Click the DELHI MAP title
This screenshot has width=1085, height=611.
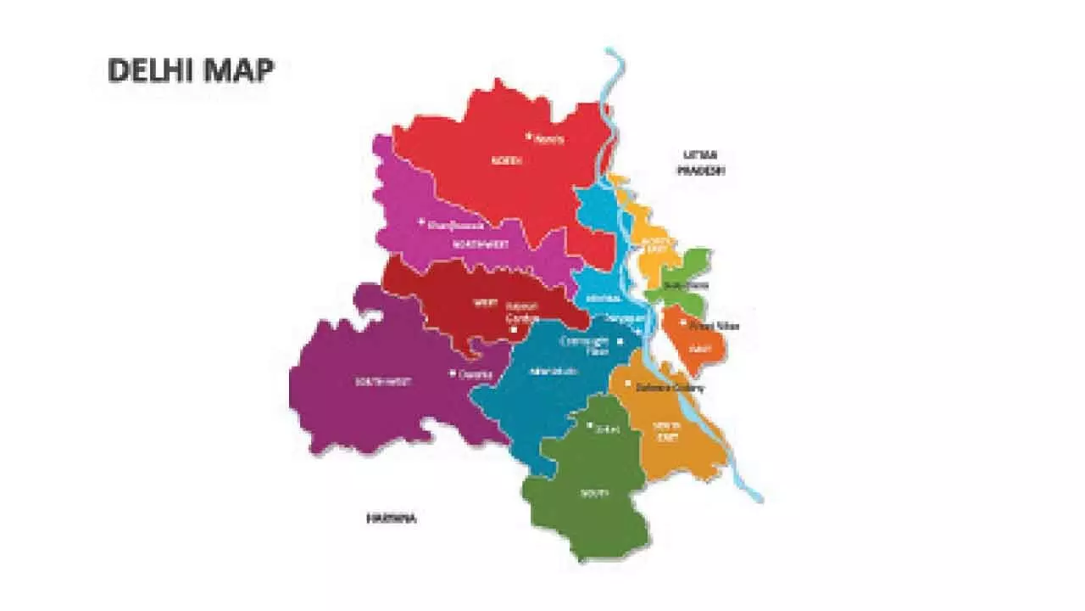click(x=191, y=71)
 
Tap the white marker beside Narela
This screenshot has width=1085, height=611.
click(x=528, y=135)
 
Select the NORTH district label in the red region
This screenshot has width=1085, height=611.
click(x=507, y=160)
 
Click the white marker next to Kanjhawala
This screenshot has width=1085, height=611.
click(x=421, y=222)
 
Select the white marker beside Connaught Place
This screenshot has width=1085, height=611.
click(x=620, y=341)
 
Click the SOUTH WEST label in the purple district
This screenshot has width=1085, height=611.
click(x=383, y=382)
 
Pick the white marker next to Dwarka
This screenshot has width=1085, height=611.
click(x=453, y=373)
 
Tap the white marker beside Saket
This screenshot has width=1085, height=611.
click(x=590, y=425)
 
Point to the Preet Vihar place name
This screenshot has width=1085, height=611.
click(x=714, y=326)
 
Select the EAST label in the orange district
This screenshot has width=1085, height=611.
click(x=700, y=348)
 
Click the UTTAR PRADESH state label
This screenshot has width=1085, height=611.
click(x=701, y=162)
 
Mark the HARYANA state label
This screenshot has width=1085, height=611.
click(x=391, y=517)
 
